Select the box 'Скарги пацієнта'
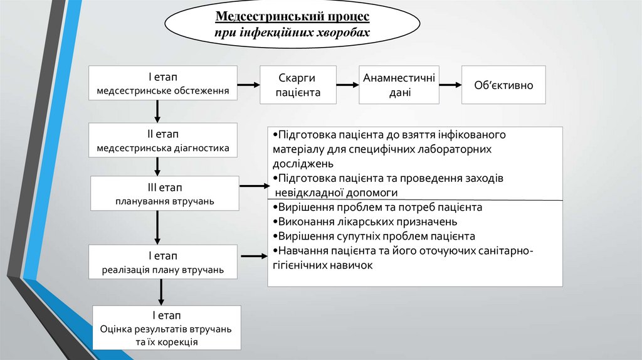[x=298, y=85]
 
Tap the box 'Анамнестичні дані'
[x=399, y=85]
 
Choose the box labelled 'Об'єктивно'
[x=503, y=85]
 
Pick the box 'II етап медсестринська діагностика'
[x=163, y=141]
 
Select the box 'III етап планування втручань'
[x=165, y=194]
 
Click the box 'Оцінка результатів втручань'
[x=166, y=327]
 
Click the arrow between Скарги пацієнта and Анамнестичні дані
[x=347, y=85]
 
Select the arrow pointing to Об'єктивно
[x=450, y=85]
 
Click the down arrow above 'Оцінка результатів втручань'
[x=162, y=292]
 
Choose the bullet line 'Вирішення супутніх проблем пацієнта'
[x=374, y=236]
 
